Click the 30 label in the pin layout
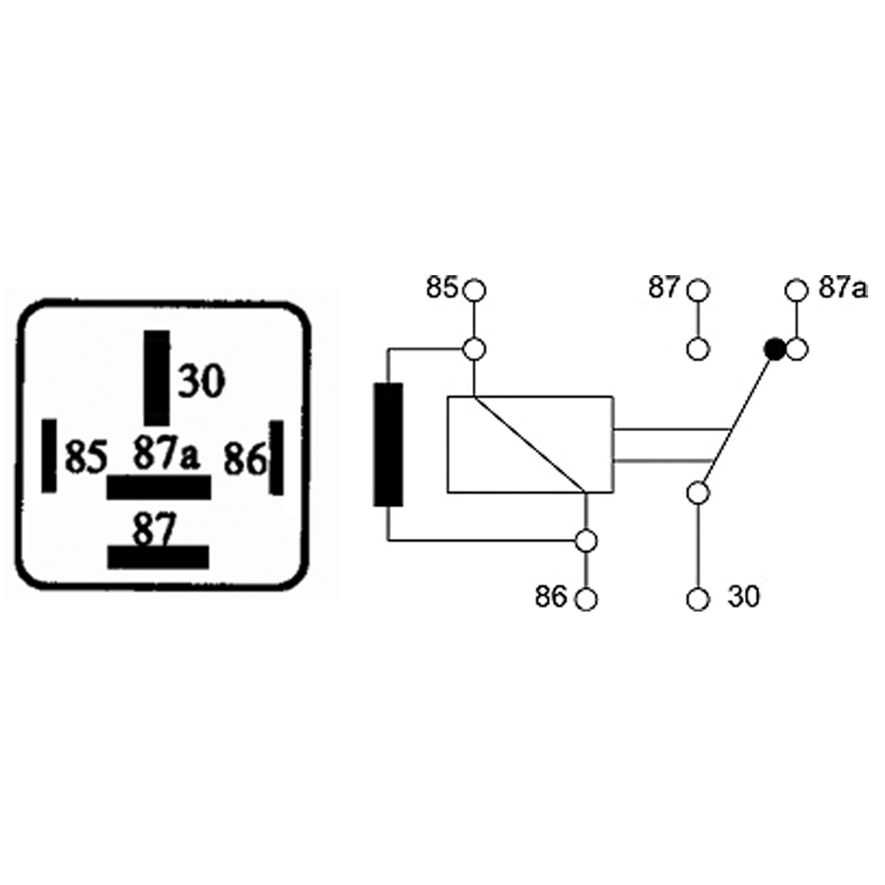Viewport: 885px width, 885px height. (202, 381)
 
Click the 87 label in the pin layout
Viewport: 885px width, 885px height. (156, 529)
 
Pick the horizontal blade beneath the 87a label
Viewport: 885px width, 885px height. (159, 488)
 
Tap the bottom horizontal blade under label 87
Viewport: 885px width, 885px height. (158, 556)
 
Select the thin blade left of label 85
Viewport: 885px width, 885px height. (50, 456)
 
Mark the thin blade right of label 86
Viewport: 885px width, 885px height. (276, 458)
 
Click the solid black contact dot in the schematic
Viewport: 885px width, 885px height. (775, 350)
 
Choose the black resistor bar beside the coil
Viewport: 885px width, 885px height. (389, 444)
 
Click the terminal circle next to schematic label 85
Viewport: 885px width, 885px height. (475, 289)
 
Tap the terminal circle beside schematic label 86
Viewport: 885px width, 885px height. (586, 599)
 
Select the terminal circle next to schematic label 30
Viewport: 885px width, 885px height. (699, 599)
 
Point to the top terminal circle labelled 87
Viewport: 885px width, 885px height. (699, 289)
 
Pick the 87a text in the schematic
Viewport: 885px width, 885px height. (842, 289)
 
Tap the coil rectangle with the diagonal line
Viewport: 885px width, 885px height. (530, 444)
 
